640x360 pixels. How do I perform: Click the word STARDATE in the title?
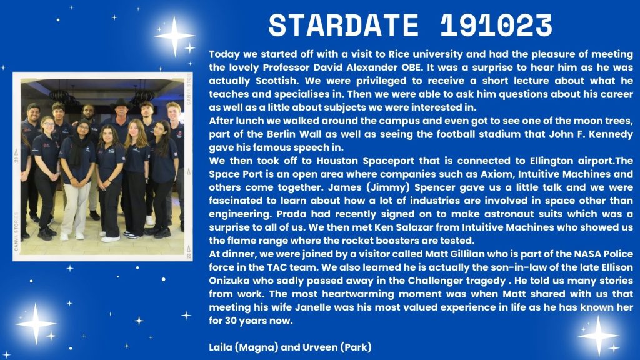344,25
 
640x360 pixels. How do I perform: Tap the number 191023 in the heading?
496,25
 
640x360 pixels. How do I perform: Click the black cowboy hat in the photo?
121,105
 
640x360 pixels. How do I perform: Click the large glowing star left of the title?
175,36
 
